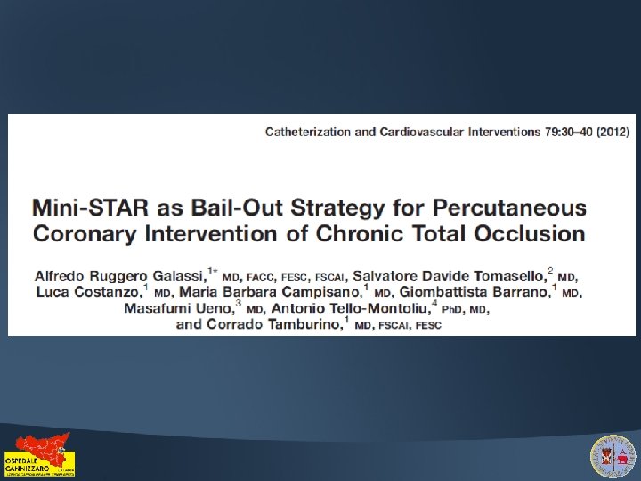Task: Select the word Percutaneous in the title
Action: [x=509, y=209]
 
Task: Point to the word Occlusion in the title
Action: [x=534, y=235]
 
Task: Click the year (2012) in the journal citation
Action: [x=612, y=132]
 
